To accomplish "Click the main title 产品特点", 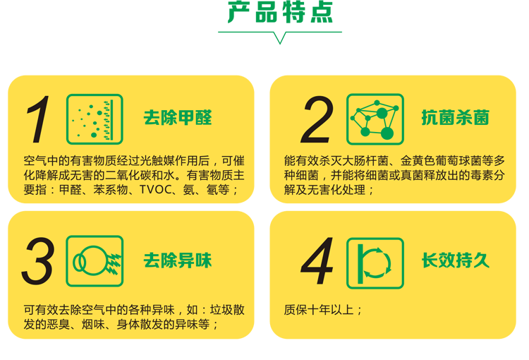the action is [x=280, y=12].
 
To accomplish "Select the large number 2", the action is [x=317, y=119].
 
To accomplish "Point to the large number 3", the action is [x=38, y=260].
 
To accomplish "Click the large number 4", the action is [x=317, y=260].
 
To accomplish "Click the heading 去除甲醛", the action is [x=178, y=117].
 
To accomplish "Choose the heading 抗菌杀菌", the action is [x=456, y=117].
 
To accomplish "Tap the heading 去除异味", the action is [x=178, y=260].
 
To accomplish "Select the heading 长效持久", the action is [x=456, y=260].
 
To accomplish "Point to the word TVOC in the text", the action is [x=156, y=189].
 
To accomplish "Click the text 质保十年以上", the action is [x=319, y=310].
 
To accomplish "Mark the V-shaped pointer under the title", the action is [x=280, y=38].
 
